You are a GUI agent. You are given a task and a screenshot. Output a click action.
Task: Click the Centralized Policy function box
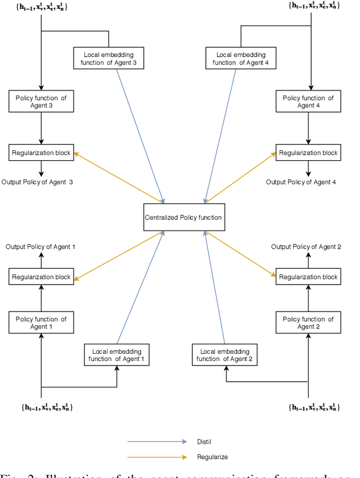tap(184, 217)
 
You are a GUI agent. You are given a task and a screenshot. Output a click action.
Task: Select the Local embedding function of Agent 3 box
tap(109, 58)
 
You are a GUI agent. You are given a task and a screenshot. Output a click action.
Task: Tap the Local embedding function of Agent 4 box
tap(241, 58)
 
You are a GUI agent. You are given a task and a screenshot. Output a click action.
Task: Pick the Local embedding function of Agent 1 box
tap(116, 355)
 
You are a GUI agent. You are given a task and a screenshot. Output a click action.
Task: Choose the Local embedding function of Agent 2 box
tap(224, 355)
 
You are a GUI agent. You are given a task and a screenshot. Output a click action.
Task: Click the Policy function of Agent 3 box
tap(41, 102)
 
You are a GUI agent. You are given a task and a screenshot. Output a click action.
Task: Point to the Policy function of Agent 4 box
tap(308, 102)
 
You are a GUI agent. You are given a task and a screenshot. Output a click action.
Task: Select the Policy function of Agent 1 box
tap(41, 323)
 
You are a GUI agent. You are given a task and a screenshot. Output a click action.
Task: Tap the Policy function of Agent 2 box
tap(308, 323)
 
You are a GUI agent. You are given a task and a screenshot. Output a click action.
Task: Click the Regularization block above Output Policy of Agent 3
tap(41, 152)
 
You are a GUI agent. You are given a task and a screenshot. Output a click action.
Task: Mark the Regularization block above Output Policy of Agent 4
tap(308, 152)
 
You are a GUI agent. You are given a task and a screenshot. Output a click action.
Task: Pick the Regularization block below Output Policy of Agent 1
tap(41, 277)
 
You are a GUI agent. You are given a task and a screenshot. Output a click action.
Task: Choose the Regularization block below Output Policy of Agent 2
tap(308, 277)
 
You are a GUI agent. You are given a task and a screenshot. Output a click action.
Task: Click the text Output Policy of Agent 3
tap(37, 182)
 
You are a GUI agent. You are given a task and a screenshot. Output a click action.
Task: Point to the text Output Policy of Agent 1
tap(40, 247)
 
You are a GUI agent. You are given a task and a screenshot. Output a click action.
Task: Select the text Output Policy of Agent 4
tap(301, 182)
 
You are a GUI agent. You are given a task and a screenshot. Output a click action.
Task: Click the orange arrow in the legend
tap(158, 457)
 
